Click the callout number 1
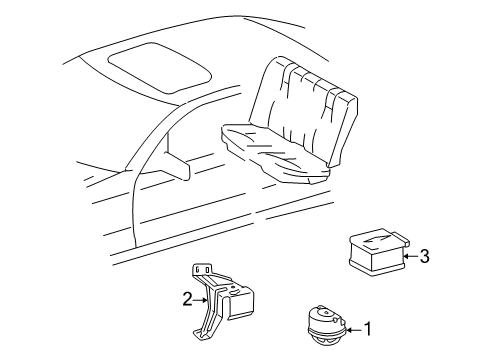[368, 329]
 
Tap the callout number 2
[187, 299]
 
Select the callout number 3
[424, 256]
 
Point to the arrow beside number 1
[354, 330]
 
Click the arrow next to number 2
[201, 300]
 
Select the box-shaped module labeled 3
[379, 252]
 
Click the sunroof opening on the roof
[160, 67]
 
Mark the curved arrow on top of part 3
[376, 239]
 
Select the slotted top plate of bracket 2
[201, 269]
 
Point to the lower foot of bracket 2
[202, 334]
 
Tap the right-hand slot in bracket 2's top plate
[207, 269]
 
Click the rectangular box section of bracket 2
[241, 302]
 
